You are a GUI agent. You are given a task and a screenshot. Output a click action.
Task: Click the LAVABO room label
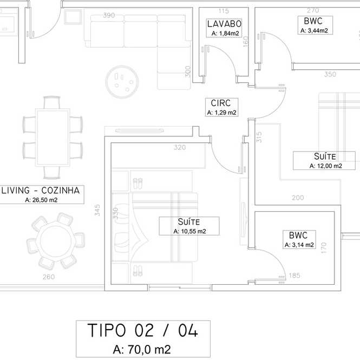pos(224,24)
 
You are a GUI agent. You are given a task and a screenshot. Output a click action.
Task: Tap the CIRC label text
pos(221,103)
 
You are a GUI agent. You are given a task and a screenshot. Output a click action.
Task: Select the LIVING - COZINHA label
pos(41,191)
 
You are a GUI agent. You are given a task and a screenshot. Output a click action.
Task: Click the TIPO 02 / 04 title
pos(142,330)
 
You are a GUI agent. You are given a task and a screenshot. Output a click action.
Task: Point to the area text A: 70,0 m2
pos(142,350)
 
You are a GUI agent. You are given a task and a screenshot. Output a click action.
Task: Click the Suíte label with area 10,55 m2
pos(189,222)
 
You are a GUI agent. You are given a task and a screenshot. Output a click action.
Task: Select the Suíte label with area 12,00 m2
pos(325,156)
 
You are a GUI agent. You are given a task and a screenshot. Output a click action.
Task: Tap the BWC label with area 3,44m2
pos(313,21)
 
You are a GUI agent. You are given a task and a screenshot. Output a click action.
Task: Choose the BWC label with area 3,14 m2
pos(298,235)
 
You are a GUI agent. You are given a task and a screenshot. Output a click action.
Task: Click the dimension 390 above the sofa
pos(109,15)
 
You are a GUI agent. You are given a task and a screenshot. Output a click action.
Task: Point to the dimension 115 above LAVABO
pos(224,11)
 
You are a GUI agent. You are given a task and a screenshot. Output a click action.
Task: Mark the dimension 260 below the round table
pos(49,277)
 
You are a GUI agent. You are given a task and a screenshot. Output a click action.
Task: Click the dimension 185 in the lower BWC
pos(294,276)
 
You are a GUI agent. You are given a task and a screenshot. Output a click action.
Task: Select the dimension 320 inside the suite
pos(180,147)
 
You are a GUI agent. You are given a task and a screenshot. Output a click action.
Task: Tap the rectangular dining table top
pos(53,138)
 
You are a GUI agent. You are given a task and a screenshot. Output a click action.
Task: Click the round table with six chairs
pos(56,241)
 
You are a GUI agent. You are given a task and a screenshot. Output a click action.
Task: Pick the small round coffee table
pos(122,82)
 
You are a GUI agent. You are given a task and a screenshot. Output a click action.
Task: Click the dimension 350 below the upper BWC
pos(330,74)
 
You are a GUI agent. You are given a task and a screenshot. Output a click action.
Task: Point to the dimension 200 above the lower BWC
pos(298,198)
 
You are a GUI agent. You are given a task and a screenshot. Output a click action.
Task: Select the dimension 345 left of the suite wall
pos(97,210)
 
